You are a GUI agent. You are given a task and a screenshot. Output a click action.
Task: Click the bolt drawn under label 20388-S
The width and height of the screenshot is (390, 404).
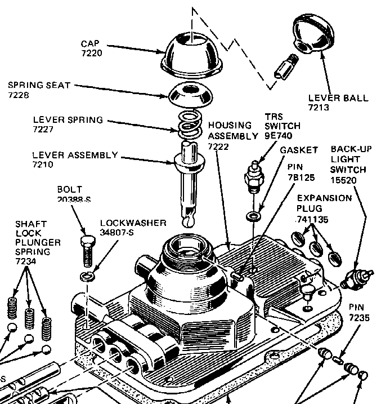(87, 250)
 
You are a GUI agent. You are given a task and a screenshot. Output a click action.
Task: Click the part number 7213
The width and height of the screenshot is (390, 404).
(319, 107)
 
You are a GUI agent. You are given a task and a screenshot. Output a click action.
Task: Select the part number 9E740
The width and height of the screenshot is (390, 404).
(279, 136)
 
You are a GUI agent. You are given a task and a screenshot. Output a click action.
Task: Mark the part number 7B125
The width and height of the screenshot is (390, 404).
(300, 177)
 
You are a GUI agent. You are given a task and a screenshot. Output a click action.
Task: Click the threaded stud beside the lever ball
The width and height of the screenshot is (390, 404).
(283, 68)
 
